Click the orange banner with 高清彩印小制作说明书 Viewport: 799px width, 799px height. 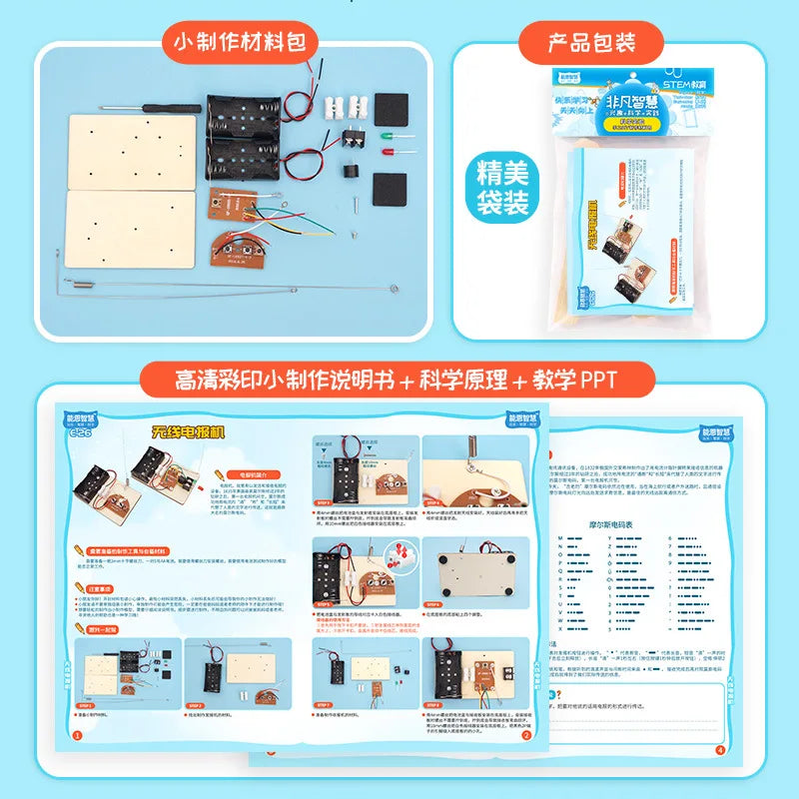(x=399, y=382)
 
